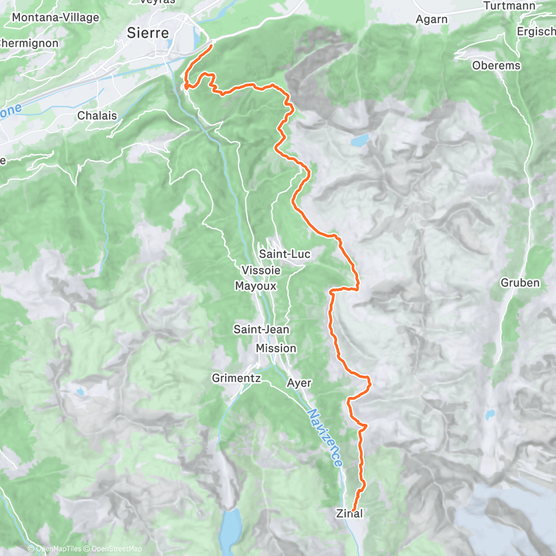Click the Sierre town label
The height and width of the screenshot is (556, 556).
(148, 33)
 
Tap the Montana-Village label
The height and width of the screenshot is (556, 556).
(55, 17)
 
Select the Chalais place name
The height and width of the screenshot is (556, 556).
(97, 116)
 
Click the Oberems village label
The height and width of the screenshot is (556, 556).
(496, 66)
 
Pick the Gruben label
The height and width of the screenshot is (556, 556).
(520, 282)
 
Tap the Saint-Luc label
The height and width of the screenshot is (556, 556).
(285, 254)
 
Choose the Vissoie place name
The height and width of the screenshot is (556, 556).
(261, 270)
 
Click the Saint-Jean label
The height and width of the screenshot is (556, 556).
(261, 329)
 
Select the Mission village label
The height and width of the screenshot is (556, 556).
(276, 348)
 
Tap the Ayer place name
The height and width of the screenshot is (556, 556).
(299, 383)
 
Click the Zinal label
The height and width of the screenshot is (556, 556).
(350, 514)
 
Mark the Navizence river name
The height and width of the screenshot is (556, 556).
(325, 438)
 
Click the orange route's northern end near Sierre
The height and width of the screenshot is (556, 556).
(212, 46)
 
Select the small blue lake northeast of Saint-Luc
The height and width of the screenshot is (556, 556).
(359, 139)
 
